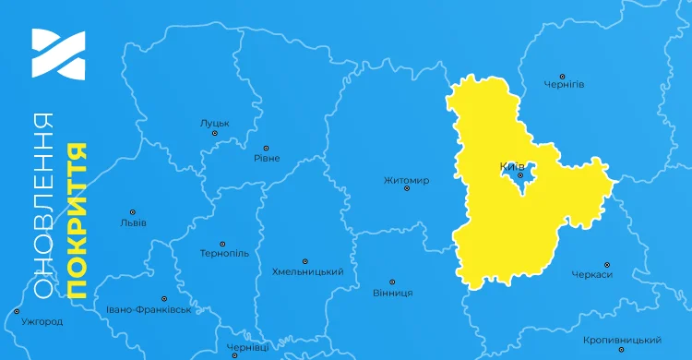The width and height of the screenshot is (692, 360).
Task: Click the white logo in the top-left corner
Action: click(58, 53)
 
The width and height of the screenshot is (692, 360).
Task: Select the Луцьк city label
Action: click(214, 122)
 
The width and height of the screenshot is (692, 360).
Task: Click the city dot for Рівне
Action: click(266, 148)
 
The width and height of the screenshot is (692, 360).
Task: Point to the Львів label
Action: click(133, 222)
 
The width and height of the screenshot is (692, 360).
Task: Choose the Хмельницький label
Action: click(307, 272)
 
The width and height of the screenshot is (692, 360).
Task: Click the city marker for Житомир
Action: click(406, 169)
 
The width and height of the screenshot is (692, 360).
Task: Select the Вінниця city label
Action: click(392, 293)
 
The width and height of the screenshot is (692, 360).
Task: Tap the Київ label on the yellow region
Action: click(511, 166)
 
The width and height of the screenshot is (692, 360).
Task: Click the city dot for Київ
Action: click(520, 175)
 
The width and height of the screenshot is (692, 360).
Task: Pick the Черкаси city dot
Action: click(605, 264)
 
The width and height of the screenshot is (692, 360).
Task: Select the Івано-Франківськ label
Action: click(149, 309)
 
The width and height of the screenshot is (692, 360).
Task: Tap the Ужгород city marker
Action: click(17, 312)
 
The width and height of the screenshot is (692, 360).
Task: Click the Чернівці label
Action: click(248, 348)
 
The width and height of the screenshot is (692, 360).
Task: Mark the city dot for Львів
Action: click(132, 212)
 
